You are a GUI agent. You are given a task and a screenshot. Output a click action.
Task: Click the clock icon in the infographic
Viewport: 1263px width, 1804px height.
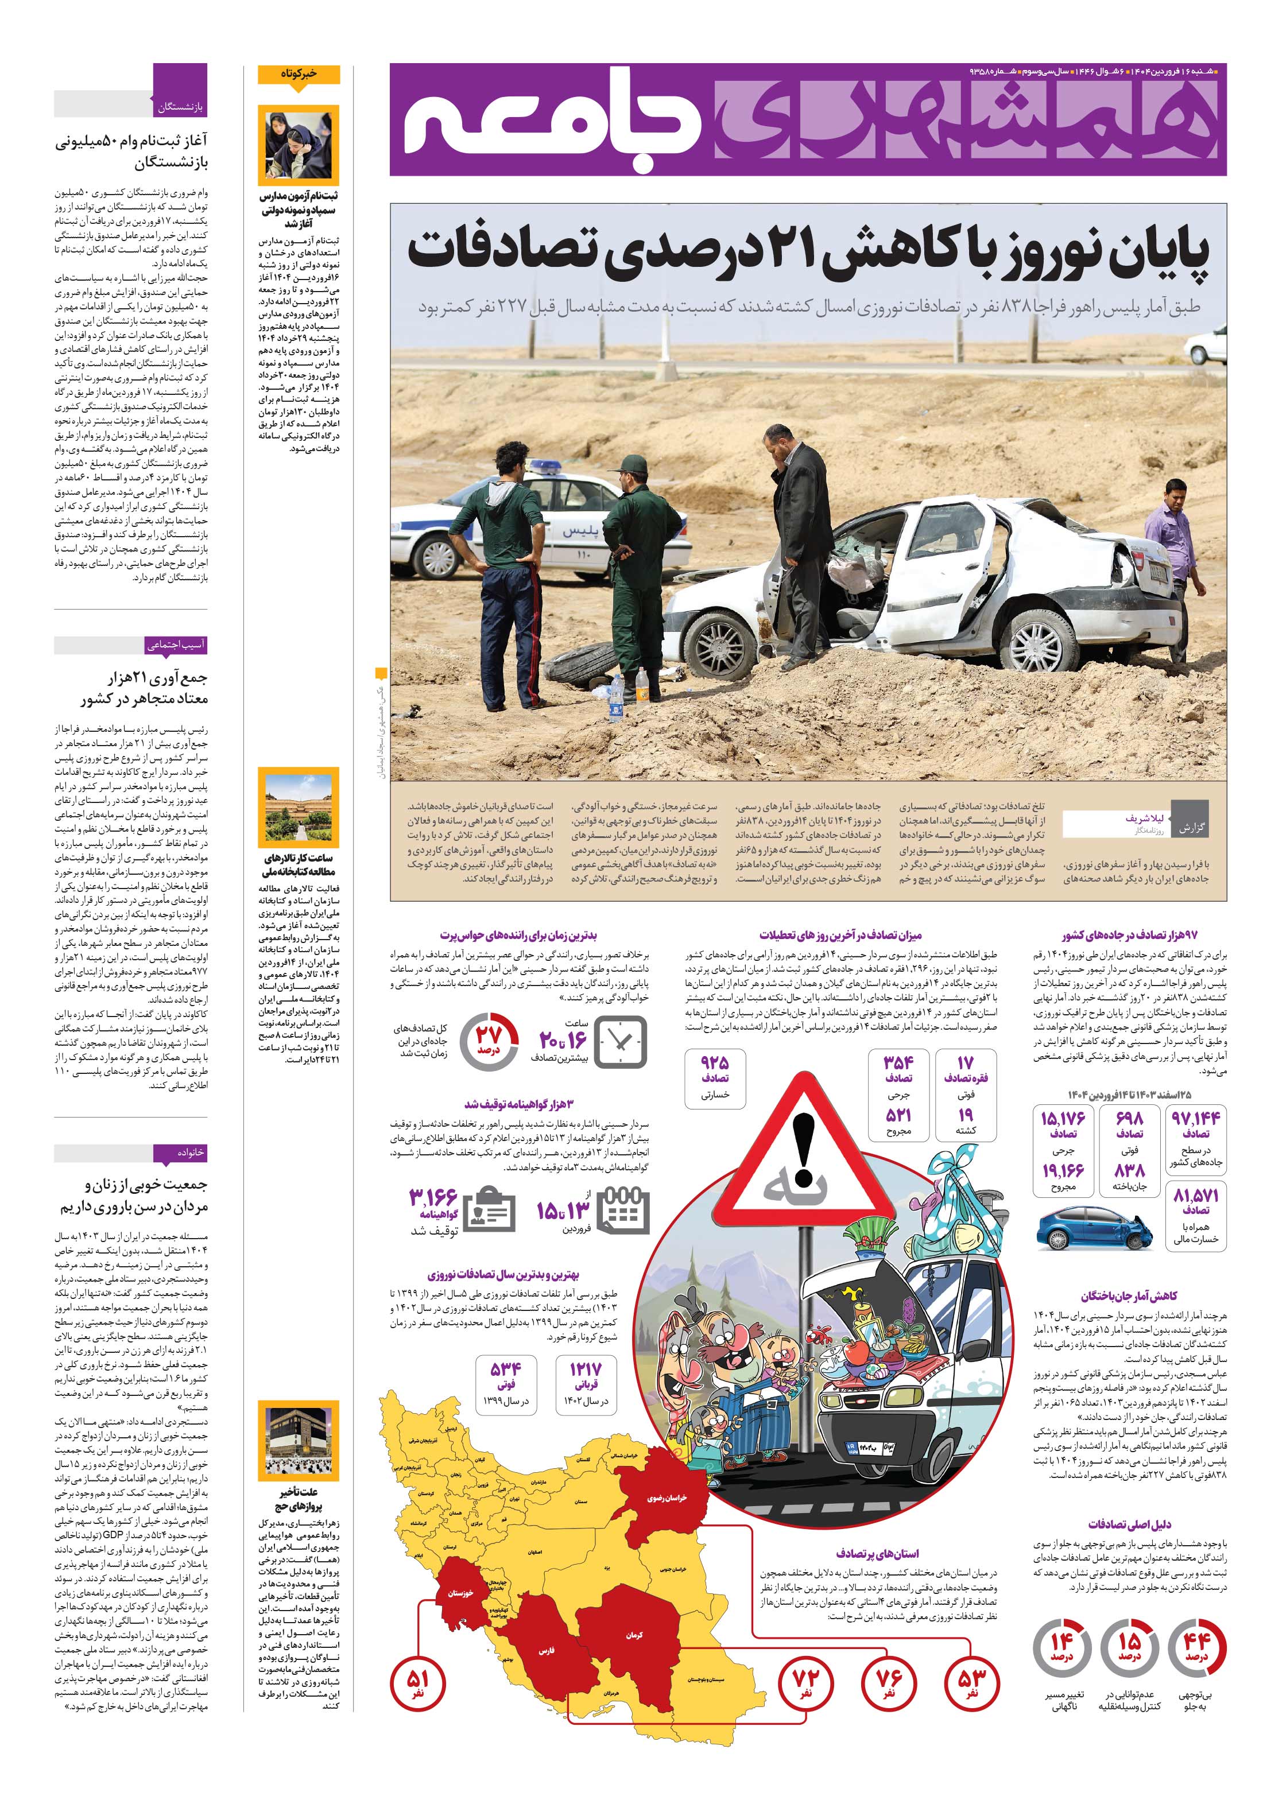click(x=621, y=1041)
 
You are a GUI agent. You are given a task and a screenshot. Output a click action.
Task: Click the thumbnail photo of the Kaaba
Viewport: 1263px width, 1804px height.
click(x=299, y=1441)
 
